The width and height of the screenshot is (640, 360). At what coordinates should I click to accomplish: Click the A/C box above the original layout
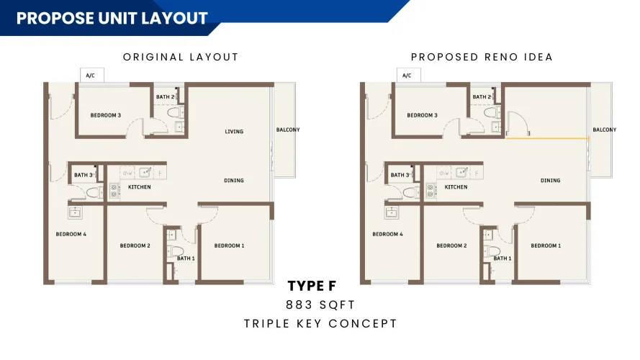pos(92,75)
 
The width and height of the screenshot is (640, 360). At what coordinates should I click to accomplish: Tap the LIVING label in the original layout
pos(234,132)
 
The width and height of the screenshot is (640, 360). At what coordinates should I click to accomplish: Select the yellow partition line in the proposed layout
pos(547,139)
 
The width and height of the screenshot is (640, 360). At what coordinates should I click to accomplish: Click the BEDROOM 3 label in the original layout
pos(106,115)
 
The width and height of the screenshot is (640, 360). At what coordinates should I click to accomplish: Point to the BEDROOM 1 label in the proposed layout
pos(546,246)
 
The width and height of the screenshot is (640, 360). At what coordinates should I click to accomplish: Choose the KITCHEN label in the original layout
pos(140,187)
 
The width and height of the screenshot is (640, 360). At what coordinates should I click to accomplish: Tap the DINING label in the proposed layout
pos(550,181)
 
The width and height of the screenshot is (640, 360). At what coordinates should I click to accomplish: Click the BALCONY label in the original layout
pos(288,130)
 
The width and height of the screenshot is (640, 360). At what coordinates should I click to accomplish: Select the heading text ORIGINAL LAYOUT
pos(181,57)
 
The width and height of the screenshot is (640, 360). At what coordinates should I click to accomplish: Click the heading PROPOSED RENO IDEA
pos(482,57)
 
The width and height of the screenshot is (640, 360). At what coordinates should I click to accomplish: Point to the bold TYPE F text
pos(312,286)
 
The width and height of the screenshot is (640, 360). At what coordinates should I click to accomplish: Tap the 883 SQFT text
pos(320,305)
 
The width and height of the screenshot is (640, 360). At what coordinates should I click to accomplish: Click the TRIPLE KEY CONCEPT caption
pos(320,324)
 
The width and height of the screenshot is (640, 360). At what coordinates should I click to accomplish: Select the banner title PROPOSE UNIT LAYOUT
pos(112,19)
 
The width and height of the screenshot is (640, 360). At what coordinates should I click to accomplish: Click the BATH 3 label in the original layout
pos(84,175)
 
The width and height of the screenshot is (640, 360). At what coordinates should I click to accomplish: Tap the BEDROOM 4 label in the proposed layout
pos(387,234)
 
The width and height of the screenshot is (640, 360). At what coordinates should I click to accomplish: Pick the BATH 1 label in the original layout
pos(186,258)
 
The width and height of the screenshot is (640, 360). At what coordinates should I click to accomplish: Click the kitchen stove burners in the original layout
pos(114,190)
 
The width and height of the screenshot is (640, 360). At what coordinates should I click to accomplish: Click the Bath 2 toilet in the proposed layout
pos(491,112)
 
